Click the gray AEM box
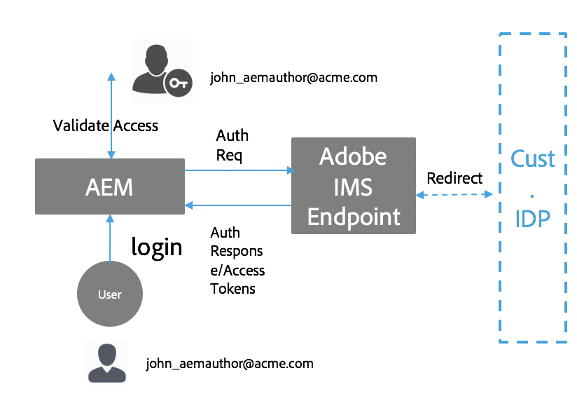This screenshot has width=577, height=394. point(109,186)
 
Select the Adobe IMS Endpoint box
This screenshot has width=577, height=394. point(354,186)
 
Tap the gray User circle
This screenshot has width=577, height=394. point(110,294)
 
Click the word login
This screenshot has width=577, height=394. point(157,247)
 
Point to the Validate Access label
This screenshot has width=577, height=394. point(106,125)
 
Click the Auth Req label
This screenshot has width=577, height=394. point(232,145)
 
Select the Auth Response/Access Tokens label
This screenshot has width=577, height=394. point(237,260)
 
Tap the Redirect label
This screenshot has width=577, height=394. point(454,178)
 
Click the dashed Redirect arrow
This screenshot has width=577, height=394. point(455,195)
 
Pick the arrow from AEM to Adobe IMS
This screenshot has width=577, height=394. point(238,170)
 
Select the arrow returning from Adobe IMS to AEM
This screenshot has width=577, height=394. point(238,205)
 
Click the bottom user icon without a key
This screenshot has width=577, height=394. point(106,363)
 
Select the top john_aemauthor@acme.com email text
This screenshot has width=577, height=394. point(293,78)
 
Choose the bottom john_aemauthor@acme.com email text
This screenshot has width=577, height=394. point(230,364)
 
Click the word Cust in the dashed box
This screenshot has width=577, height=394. point(533,158)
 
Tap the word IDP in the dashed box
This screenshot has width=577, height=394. point(533,219)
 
